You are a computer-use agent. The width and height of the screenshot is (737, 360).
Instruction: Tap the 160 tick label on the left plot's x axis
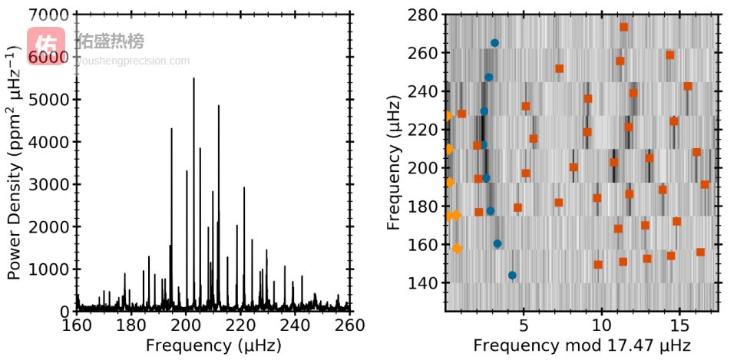(x=76, y=325)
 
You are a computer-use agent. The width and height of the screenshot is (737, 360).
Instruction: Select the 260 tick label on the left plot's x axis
(x=350, y=325)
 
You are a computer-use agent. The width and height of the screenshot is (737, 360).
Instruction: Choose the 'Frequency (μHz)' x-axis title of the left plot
(x=213, y=345)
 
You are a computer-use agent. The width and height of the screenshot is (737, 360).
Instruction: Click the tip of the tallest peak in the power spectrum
(x=193, y=78)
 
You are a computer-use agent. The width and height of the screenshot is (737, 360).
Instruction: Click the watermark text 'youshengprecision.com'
(x=132, y=61)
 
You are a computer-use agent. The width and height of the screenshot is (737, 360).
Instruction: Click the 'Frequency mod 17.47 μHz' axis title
(x=582, y=345)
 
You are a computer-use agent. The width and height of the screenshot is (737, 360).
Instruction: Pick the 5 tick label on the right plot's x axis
(x=523, y=325)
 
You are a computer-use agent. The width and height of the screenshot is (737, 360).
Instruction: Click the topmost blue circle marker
(x=494, y=43)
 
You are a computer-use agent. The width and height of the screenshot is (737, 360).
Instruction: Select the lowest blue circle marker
(x=512, y=275)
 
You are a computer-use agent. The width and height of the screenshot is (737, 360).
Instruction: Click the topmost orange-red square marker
(x=623, y=27)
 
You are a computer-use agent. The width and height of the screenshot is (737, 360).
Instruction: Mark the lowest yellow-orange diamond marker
(x=457, y=248)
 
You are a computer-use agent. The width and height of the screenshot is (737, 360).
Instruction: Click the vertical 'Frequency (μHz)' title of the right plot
(x=395, y=163)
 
